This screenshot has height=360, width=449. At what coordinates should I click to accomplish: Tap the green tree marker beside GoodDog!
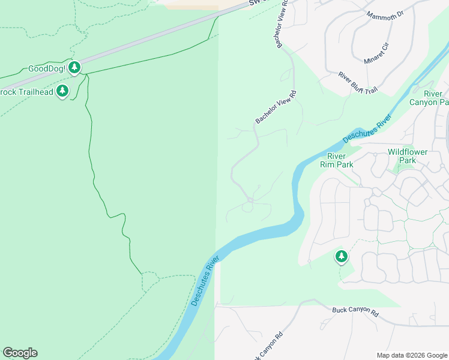[74, 67]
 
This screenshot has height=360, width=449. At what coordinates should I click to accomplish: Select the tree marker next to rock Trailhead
[62, 91]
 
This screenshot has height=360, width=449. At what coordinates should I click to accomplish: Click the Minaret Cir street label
[376, 52]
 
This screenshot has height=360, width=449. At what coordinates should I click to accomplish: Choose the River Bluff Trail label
[358, 83]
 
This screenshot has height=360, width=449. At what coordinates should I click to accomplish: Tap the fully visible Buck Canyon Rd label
[356, 313]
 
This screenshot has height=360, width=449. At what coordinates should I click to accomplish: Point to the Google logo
[20, 353]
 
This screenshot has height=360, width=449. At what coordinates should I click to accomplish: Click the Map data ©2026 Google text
[412, 355]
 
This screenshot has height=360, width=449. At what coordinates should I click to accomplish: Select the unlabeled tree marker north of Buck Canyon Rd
[342, 257]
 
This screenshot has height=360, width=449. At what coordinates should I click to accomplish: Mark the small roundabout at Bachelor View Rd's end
[250, 199]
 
